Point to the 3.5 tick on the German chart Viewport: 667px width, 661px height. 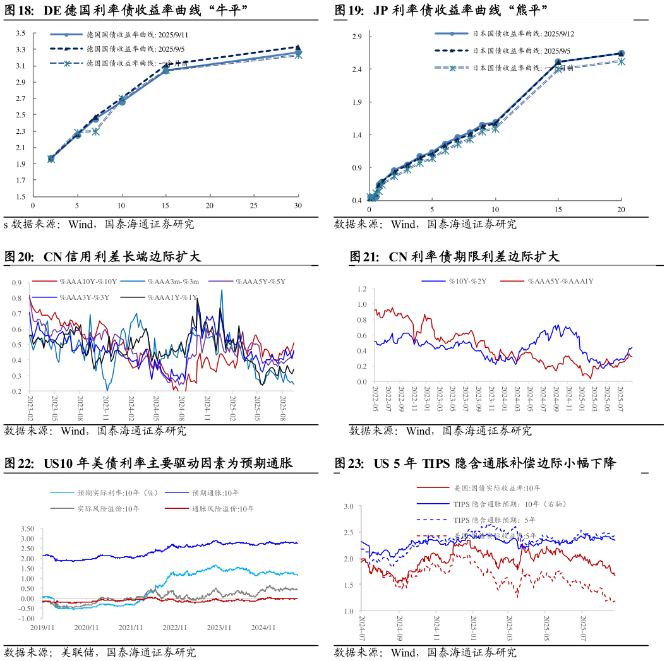[x=21, y=33]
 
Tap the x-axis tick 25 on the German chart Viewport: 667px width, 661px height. [x=254, y=206]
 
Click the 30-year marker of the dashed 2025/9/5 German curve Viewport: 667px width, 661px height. [x=298, y=47]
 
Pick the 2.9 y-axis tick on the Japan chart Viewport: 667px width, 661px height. [x=357, y=36]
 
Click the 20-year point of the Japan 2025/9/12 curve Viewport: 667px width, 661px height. [x=621, y=54]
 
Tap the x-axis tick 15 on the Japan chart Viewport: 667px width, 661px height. [x=558, y=210]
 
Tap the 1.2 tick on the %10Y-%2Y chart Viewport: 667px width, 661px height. [x=362, y=289]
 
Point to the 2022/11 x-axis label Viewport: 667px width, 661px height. [x=174, y=628]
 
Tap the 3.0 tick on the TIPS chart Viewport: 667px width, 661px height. [x=349, y=506]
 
